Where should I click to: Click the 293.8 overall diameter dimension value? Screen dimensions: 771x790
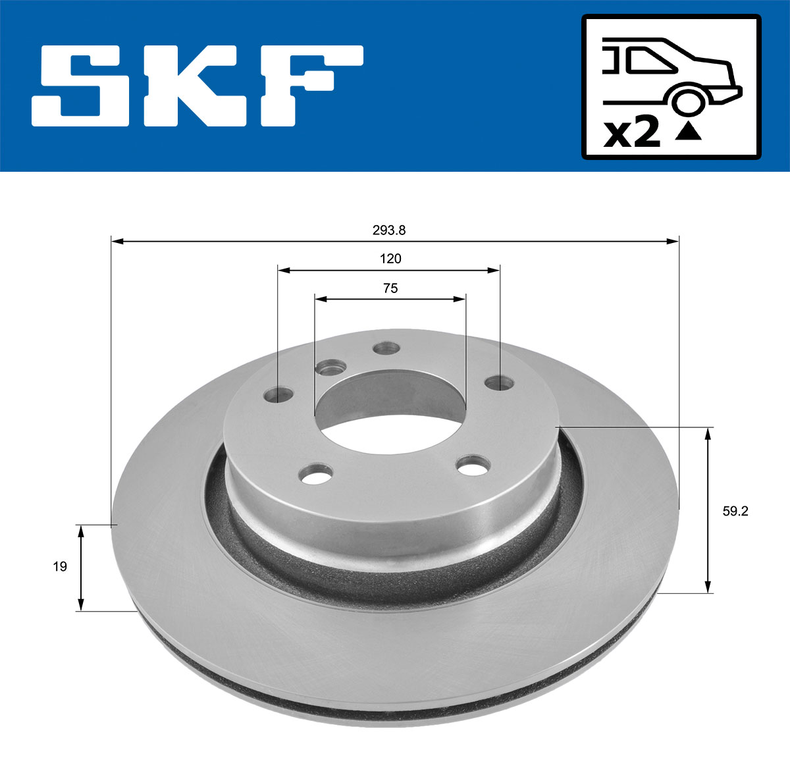click(x=390, y=230)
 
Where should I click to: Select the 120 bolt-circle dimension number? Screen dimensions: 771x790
click(x=390, y=259)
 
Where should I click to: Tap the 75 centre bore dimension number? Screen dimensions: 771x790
click(x=390, y=288)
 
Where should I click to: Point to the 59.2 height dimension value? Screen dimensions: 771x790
click(x=735, y=511)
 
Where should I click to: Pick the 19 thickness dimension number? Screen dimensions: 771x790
click(x=60, y=566)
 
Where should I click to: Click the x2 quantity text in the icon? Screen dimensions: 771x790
click(x=632, y=133)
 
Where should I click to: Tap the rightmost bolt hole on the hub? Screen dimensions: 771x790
click(x=499, y=382)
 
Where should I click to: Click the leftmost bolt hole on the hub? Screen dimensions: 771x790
click(x=278, y=395)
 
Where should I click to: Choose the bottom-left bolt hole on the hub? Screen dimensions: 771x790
click(x=315, y=474)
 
